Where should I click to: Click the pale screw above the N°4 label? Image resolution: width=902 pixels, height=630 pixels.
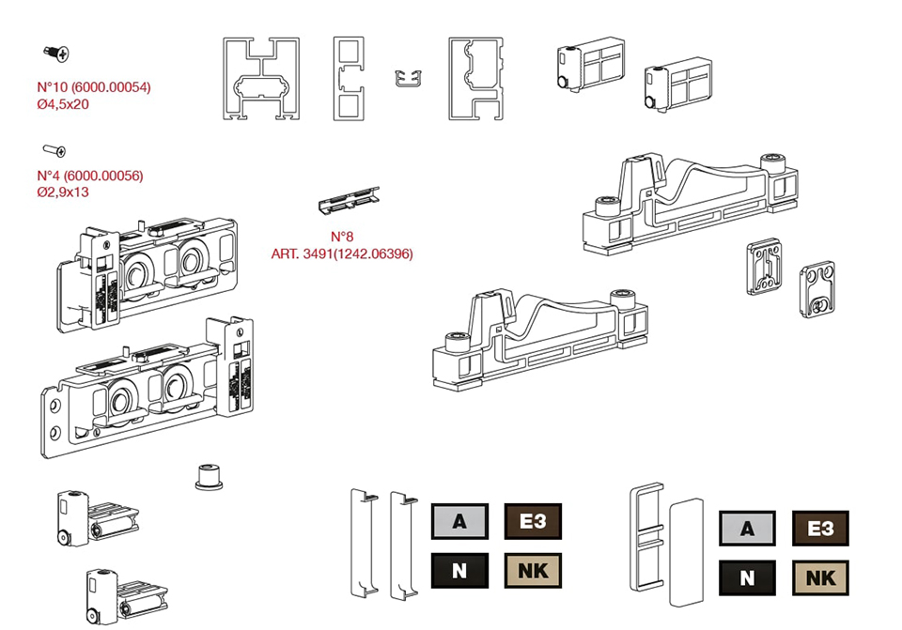[54, 149]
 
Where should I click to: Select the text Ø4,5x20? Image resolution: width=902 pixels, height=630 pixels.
[63, 104]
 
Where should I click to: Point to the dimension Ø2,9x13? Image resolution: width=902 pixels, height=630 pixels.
[63, 192]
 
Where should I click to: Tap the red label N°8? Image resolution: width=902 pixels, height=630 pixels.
[342, 237]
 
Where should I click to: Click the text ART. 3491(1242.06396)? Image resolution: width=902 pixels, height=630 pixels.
[341, 254]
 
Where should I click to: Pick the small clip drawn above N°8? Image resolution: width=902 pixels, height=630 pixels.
[350, 199]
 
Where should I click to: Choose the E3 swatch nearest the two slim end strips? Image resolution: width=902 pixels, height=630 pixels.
[533, 521]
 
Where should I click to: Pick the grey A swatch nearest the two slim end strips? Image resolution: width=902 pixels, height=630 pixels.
[459, 521]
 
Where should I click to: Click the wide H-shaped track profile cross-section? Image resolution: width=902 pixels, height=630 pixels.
[261, 80]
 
